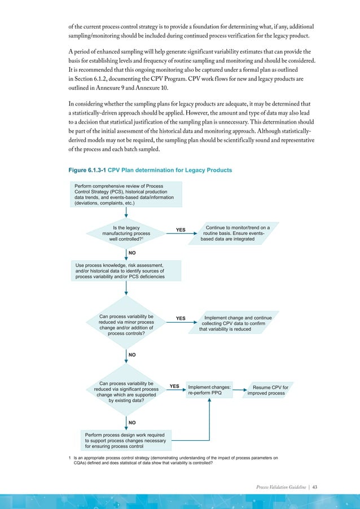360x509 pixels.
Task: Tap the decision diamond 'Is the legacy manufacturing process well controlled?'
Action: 126,233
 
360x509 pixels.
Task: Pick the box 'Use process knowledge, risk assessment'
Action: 126,270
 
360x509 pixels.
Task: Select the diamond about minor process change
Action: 126,325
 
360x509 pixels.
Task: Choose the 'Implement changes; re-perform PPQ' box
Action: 209,390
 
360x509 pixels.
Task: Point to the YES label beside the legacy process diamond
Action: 181,230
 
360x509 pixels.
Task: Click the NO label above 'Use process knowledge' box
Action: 132,253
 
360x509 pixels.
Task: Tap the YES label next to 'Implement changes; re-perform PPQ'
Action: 175,387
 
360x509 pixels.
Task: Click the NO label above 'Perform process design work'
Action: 132,422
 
